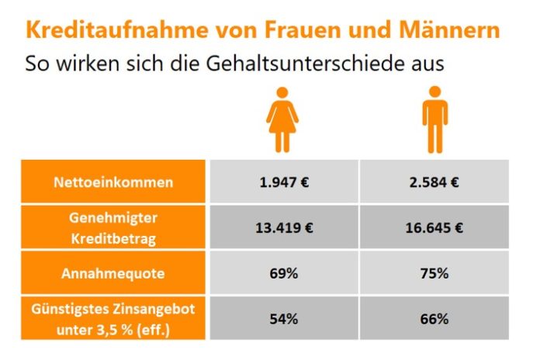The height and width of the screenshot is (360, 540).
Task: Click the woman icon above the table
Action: point(282,120)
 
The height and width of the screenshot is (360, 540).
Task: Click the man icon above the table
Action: point(434,120)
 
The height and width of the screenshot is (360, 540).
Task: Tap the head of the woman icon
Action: point(282,93)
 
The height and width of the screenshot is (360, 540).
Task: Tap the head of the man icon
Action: point(434,93)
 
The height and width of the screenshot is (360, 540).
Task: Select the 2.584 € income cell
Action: point(434,183)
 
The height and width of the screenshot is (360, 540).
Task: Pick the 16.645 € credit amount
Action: point(434,228)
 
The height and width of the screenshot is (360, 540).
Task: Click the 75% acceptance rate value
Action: point(434,273)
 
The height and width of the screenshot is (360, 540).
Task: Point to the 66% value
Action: point(434,318)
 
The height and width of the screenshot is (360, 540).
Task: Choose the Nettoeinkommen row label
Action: point(113,183)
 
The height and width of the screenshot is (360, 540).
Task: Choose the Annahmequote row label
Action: point(113,273)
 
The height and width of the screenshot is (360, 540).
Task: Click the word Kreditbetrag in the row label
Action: point(113,237)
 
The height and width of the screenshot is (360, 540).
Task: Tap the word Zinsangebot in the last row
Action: point(153,309)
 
